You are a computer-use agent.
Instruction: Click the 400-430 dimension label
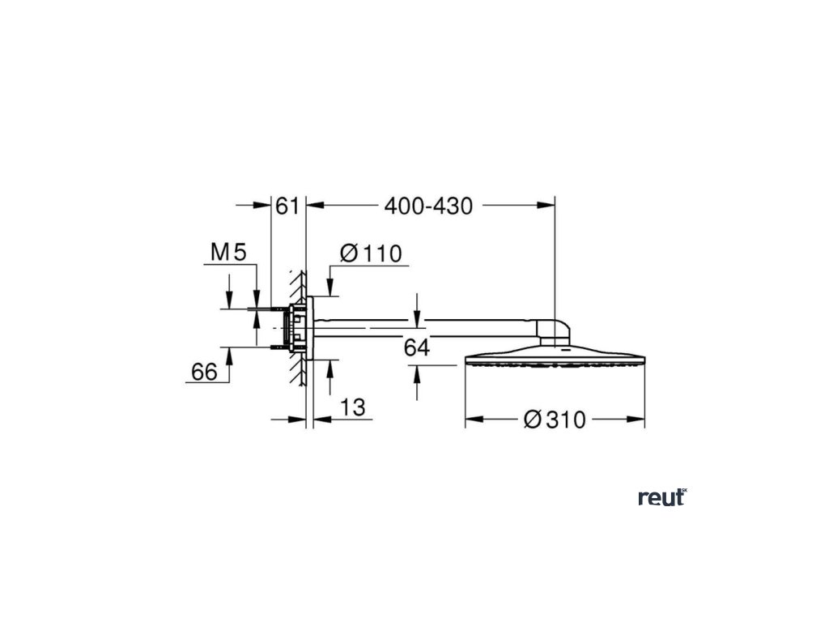[428, 207]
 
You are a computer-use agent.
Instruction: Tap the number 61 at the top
[288, 207]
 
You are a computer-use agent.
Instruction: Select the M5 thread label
[227, 253]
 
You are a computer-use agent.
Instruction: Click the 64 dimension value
[416, 347]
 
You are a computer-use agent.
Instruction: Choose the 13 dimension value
[353, 408]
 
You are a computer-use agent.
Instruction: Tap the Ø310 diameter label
[555, 420]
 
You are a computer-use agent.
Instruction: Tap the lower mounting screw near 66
[274, 347]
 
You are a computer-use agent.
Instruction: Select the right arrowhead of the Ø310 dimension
[639, 420]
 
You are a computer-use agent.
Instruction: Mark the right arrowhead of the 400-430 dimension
[548, 207]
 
